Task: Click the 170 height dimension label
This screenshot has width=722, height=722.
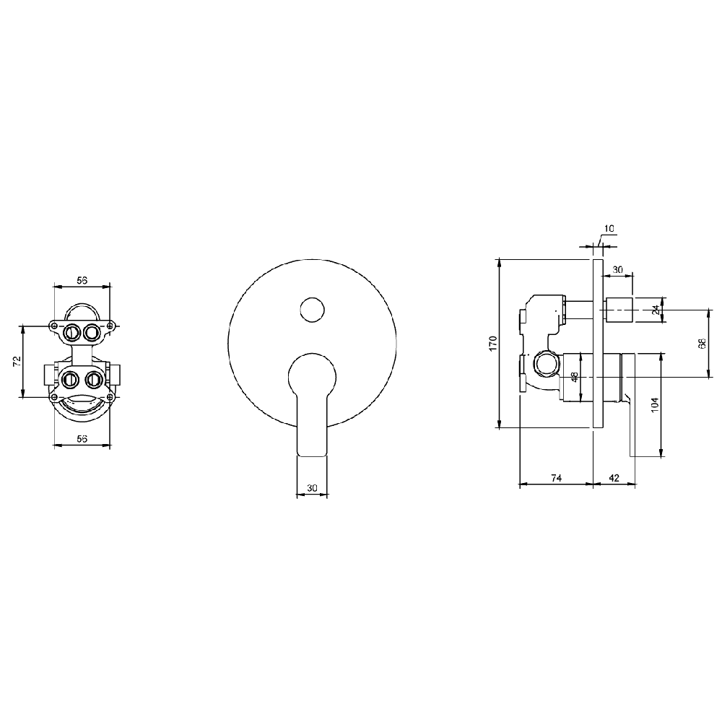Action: [494, 344]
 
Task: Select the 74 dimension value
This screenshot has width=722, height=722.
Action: [556, 478]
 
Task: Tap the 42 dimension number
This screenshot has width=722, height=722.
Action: [614, 478]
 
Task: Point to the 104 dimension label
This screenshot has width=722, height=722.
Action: [656, 405]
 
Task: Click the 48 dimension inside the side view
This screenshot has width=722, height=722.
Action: [575, 378]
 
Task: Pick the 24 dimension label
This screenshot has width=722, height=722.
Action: [656, 310]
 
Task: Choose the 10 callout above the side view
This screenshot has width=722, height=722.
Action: [609, 228]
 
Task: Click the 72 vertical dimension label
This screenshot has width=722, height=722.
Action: [17, 361]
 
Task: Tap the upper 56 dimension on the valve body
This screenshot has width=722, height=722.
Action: [82, 280]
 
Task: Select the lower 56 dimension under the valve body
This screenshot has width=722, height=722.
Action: [82, 439]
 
